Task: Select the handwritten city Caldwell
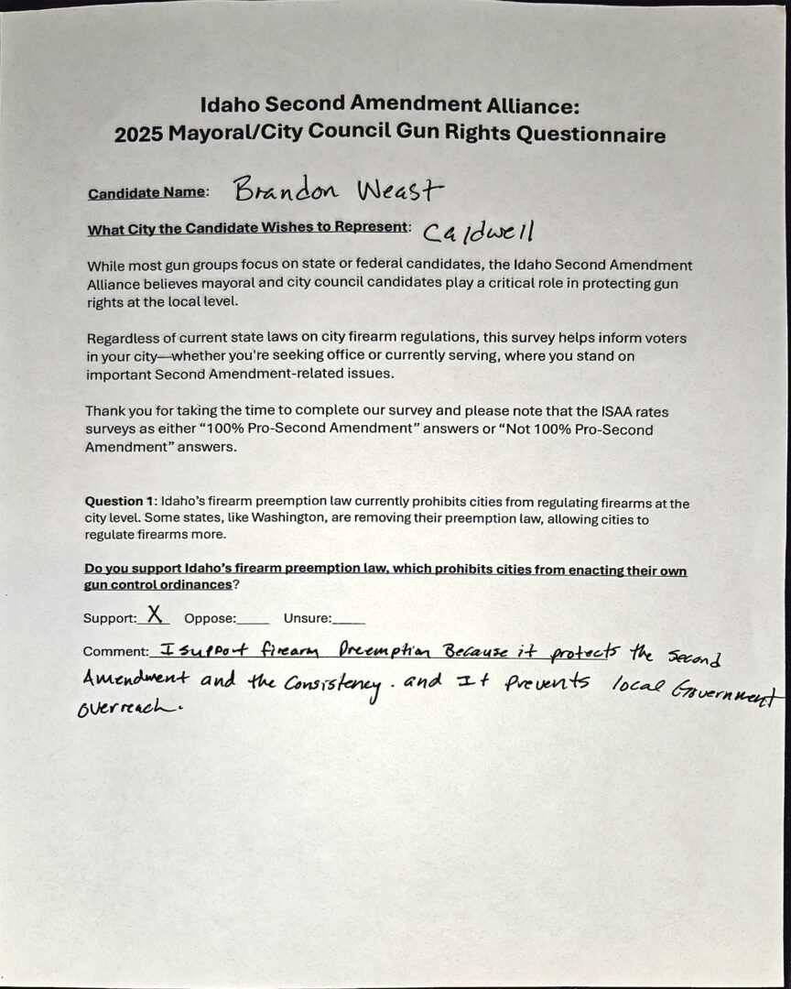pos(479,230)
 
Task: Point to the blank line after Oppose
pos(254,620)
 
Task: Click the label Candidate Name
pos(146,194)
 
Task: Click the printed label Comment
pos(114,652)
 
